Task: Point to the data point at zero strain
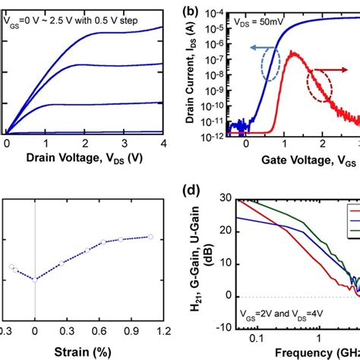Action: click(x=34, y=279)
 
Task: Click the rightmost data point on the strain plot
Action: click(x=150, y=237)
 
